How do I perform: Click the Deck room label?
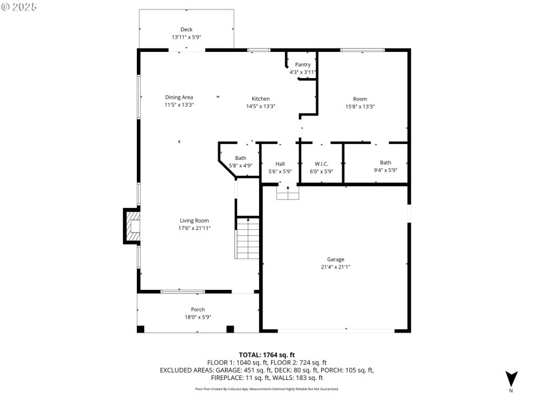tap(186, 29)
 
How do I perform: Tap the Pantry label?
tap(303, 64)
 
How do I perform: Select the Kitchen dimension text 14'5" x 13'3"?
tap(260, 106)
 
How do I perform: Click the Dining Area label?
tap(179, 97)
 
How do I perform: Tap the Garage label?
tap(336, 259)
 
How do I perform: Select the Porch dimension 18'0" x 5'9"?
tap(198, 317)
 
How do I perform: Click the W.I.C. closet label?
tap(322, 163)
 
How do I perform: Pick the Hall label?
tap(280, 163)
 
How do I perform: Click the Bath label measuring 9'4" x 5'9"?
tap(386, 163)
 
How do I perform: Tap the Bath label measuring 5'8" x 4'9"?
tap(240, 158)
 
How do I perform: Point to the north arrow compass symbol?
tap(511, 378)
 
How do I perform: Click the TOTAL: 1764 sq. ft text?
tap(267, 355)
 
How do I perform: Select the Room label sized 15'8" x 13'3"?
tap(360, 98)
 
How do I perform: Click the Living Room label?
tap(194, 221)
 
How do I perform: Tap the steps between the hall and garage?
tap(288, 193)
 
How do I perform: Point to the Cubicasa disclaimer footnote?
tap(267, 389)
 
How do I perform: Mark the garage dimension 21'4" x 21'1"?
tap(336, 267)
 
